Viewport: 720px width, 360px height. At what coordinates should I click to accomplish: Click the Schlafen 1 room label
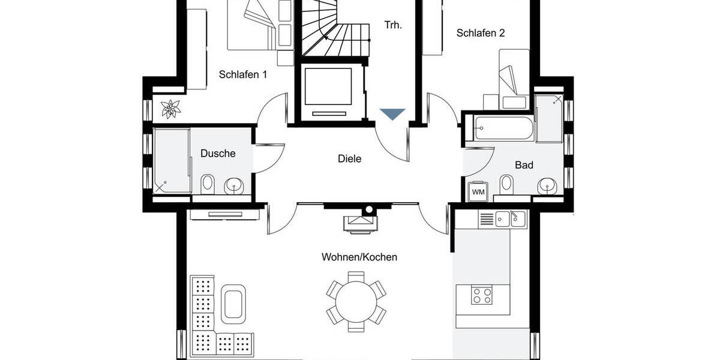tap(243, 75)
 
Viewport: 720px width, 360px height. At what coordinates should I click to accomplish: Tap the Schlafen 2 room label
tap(480, 33)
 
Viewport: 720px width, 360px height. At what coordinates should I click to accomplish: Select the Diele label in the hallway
tap(350, 159)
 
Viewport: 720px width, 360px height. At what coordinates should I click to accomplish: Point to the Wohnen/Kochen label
tap(359, 257)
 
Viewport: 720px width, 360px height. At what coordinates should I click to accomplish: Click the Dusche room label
tap(218, 154)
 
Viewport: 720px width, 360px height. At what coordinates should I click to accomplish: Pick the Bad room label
tap(524, 165)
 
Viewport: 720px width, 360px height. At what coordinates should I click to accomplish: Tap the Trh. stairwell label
tap(393, 25)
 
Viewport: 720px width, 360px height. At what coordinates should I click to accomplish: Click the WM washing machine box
tap(478, 191)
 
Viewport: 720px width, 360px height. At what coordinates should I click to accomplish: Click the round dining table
tap(356, 298)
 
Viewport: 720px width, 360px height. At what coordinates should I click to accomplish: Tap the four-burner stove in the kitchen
tap(482, 295)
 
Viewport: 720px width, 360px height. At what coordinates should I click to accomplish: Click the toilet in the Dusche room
tap(208, 184)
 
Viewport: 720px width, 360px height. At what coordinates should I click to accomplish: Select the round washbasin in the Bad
tap(547, 185)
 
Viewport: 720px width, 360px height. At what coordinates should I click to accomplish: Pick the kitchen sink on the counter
tap(509, 219)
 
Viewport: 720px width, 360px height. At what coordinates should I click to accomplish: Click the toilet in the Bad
tap(507, 185)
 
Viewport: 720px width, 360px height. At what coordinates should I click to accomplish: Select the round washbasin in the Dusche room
tap(234, 186)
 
